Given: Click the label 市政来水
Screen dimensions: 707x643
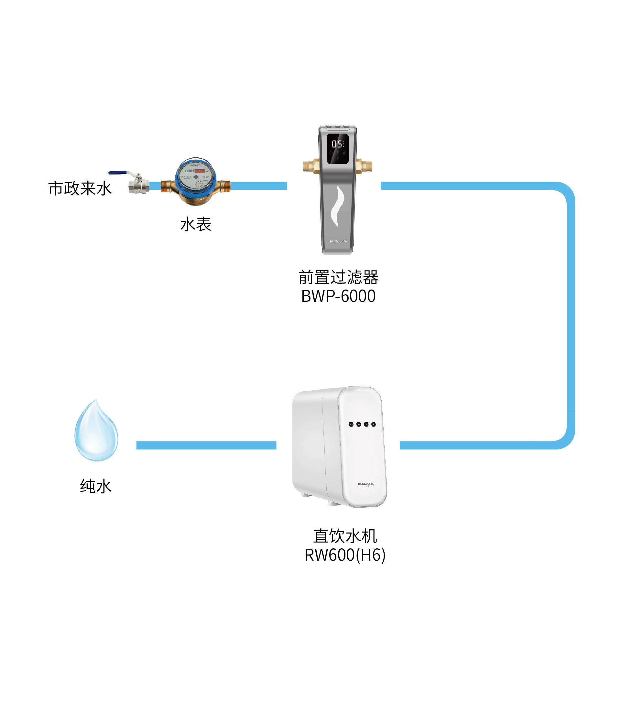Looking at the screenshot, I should point(80,188).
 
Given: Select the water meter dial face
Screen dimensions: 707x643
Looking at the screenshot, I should point(195,175).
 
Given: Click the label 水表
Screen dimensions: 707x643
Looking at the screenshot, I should point(195,224).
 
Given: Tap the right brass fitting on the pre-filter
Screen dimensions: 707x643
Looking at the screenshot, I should point(364,166).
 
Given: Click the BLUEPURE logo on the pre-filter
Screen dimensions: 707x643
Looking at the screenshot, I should point(338,241).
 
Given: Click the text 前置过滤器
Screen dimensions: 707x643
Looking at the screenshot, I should point(338,277).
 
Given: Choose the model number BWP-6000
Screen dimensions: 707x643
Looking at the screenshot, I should point(338,296).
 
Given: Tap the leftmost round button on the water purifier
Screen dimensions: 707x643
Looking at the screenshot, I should point(351,424).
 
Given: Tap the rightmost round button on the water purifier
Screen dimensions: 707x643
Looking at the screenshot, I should point(374,424).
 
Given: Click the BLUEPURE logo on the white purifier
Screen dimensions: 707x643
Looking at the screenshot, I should point(366,484).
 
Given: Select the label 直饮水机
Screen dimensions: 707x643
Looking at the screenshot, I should point(345,536).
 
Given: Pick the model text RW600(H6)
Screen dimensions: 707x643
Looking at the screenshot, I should point(345,555).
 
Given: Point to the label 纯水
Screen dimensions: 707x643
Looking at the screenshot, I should point(96,486).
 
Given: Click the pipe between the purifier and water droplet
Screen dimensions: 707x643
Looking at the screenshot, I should point(206,445).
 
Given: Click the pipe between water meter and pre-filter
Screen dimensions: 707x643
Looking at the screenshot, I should point(258,186).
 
